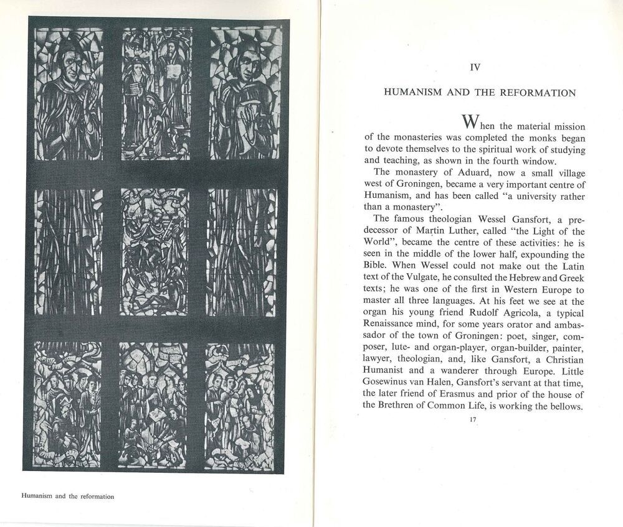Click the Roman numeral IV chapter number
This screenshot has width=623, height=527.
[475, 68]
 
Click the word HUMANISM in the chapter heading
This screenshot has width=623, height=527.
[412, 93]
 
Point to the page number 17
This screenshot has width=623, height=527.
[473, 421]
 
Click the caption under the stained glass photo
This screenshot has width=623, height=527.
[68, 496]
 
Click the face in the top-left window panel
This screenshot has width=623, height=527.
[67, 63]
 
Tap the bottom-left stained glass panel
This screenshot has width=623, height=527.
[67, 404]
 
